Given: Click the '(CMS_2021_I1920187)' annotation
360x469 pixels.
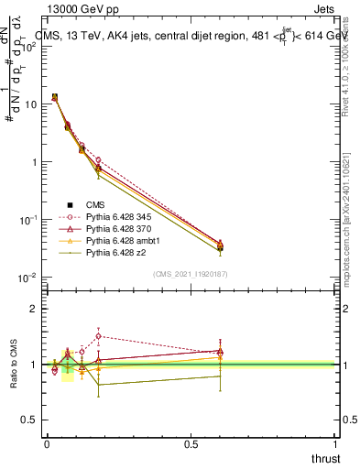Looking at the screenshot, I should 191,274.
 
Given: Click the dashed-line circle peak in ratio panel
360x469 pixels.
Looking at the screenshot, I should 99,336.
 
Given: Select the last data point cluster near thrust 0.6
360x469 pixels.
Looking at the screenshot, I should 220,245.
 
